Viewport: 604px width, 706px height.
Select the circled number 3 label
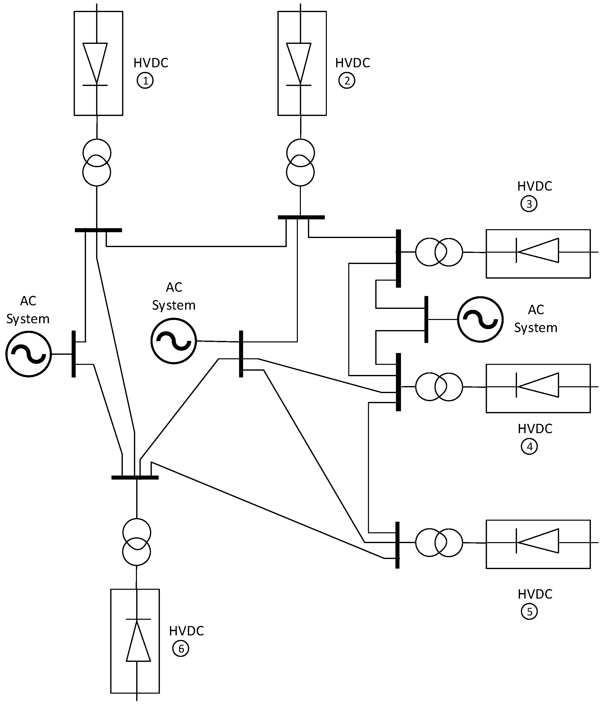pyautogui.click(x=529, y=204)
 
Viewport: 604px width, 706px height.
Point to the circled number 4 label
pyautogui.click(x=529, y=447)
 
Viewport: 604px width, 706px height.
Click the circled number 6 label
pyautogui.click(x=181, y=649)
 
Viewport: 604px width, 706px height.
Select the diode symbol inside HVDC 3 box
pyautogui.click(x=537, y=250)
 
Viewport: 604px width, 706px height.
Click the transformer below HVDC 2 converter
pyautogui.click(x=300, y=163)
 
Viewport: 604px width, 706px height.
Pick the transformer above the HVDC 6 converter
pyautogui.click(x=136, y=542)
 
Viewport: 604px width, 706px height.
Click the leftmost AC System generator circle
pyautogui.click(x=29, y=354)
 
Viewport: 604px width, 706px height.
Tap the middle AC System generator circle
pyautogui.click(x=174, y=341)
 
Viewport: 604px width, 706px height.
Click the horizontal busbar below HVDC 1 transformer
pyautogui.click(x=98, y=230)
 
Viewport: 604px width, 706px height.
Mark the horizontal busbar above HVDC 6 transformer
pyautogui.click(x=135, y=478)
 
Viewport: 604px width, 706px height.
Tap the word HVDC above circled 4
pyautogui.click(x=535, y=429)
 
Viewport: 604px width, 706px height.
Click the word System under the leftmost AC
pyautogui.click(x=28, y=319)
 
